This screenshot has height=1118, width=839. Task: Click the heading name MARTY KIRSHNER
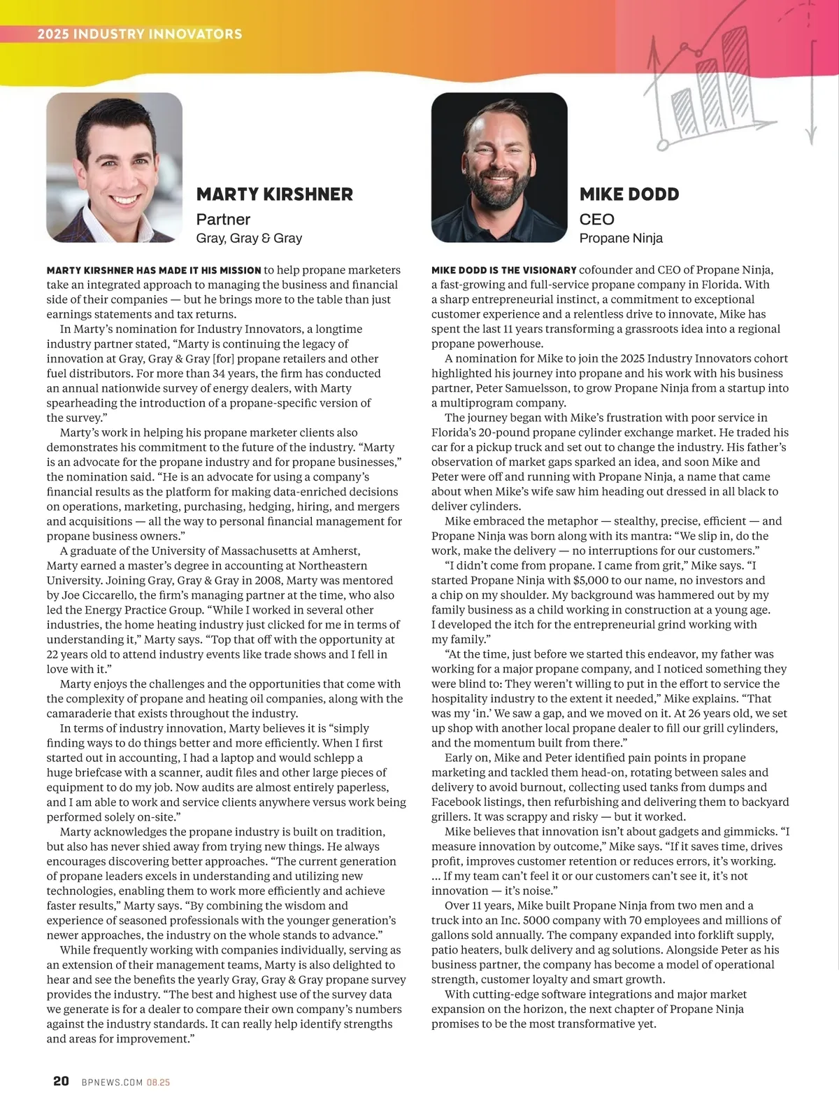274,194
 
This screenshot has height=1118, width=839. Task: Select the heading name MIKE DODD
629,194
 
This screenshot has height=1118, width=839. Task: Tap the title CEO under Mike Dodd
596,220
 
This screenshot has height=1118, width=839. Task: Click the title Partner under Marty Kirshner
223,220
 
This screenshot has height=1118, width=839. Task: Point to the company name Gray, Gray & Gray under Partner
249,239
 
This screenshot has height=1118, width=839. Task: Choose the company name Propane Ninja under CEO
621,239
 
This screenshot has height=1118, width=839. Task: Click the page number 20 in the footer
61,1082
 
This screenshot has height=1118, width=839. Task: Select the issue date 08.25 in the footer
159,1082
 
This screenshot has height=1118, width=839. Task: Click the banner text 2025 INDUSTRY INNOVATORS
140,34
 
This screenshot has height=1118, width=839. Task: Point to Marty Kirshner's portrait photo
115,167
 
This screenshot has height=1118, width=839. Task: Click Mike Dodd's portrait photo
499,167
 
